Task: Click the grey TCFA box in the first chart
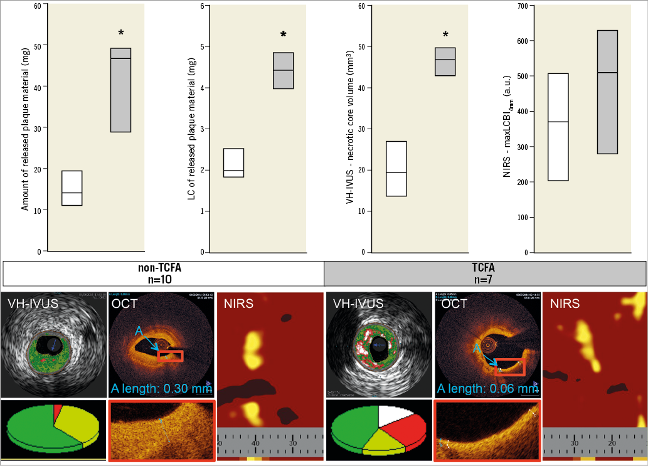tap(120, 90)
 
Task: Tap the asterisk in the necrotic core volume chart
tap(445, 35)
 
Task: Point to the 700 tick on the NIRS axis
tap(521, 6)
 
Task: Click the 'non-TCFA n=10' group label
tap(163, 274)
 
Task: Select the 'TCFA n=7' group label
tap(484, 274)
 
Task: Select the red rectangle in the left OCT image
tap(170, 356)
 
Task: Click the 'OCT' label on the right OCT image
tap(454, 306)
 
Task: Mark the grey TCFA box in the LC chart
tap(283, 70)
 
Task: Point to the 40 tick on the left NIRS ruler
tap(255, 443)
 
